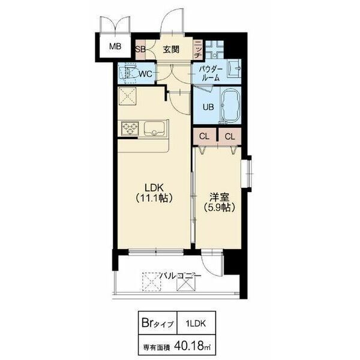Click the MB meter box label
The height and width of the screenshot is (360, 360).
pos(115,47)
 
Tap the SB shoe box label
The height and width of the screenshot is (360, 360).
pos(140,49)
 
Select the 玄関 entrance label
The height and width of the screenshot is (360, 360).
pos(171,49)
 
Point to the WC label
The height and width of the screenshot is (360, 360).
pos(146,74)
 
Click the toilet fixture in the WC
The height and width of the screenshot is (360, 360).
pos(128,73)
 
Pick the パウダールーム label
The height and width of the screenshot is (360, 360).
pos(211,74)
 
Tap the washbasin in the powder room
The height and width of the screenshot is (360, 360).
pos(234,68)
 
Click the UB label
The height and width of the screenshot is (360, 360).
pos(208,107)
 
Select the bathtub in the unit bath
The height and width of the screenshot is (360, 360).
pos(230,106)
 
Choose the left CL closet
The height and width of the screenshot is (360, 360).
pos(205,137)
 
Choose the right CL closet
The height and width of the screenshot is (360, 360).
pos(230,137)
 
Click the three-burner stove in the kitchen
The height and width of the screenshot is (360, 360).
pos(130,128)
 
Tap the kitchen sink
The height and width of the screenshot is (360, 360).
pos(154,128)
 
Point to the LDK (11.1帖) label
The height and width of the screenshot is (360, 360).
pos(154,193)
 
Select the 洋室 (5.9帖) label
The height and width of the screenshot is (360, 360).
pos(219,203)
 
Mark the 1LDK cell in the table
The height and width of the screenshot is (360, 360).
pos(196,323)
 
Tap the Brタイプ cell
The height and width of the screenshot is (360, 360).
pos(158,323)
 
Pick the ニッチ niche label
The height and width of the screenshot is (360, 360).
pos(197,49)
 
